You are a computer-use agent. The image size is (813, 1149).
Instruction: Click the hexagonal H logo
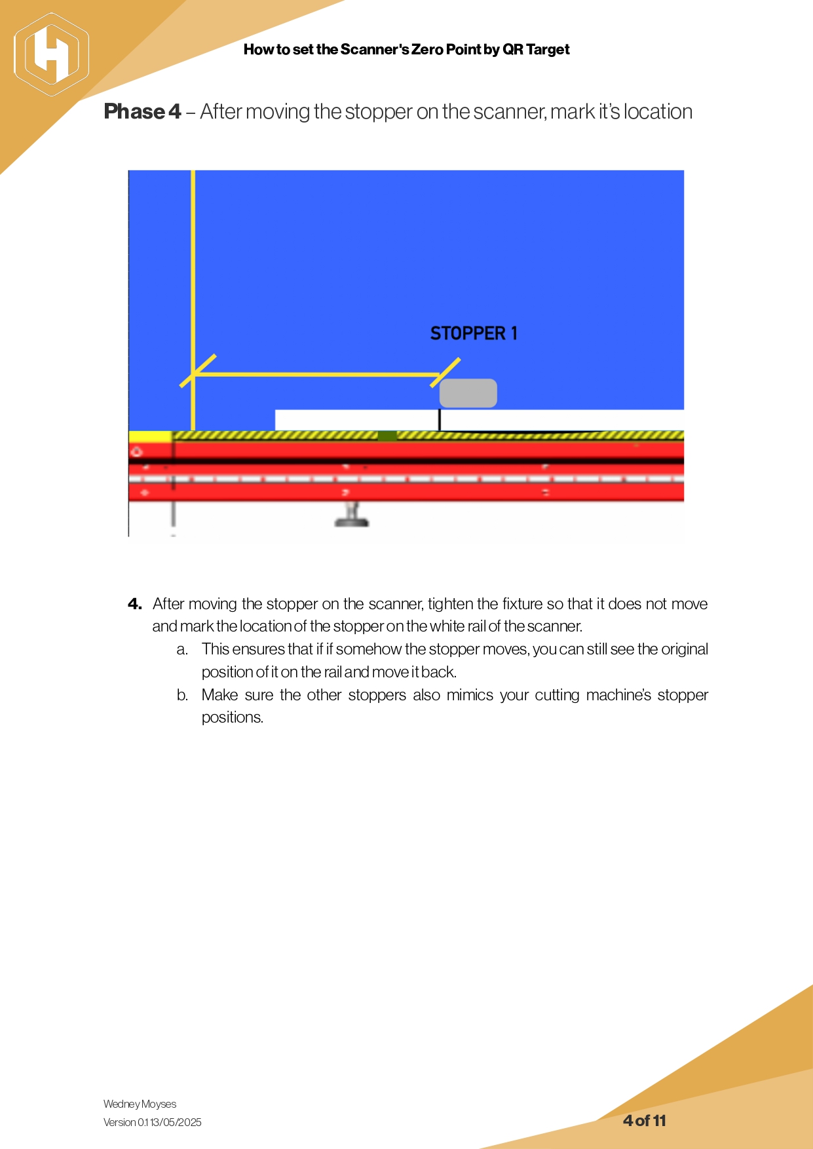(x=51, y=54)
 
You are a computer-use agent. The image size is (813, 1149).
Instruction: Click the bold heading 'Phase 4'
(x=142, y=112)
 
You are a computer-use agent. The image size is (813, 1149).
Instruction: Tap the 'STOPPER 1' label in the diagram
(x=474, y=333)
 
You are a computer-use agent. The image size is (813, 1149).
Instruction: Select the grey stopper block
(x=468, y=393)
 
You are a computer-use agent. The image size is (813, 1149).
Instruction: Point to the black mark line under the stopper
(x=439, y=420)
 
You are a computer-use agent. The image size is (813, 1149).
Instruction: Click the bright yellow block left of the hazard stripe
(x=150, y=436)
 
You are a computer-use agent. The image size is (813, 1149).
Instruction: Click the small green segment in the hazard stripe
(x=387, y=436)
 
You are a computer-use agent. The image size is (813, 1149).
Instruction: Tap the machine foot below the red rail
(x=352, y=516)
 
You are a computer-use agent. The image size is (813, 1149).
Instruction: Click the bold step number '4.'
(x=135, y=604)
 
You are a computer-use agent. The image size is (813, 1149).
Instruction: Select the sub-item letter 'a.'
(x=182, y=649)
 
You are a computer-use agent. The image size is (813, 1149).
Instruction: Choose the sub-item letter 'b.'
(x=182, y=695)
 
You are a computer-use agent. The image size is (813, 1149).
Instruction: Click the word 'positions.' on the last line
(x=233, y=717)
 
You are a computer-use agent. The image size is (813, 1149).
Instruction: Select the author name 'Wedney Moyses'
(x=140, y=1104)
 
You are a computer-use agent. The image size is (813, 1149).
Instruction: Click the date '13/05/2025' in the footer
(x=176, y=1122)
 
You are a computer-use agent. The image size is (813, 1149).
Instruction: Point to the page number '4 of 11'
(x=644, y=1121)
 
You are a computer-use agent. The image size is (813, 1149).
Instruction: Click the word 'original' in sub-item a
(x=684, y=649)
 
